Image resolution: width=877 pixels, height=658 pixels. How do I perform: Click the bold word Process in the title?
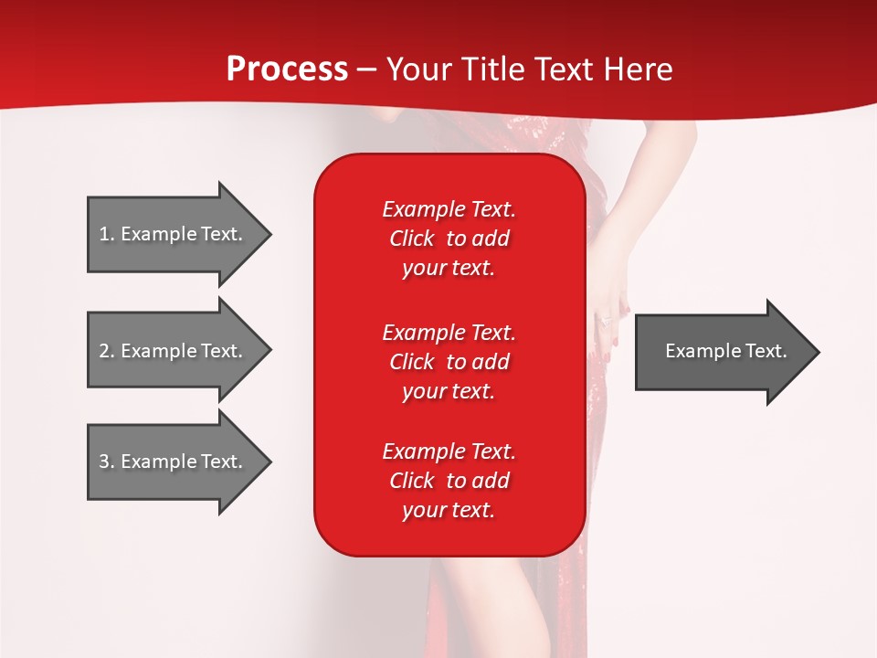pyautogui.click(x=287, y=69)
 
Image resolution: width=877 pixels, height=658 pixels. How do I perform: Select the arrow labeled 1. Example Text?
pyautogui.click(x=174, y=234)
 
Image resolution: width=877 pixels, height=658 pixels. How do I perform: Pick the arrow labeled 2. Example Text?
pyautogui.click(x=174, y=351)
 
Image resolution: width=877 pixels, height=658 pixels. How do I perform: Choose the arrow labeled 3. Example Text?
pyautogui.click(x=174, y=462)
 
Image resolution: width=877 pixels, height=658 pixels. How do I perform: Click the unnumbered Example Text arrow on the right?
pyautogui.click(x=725, y=351)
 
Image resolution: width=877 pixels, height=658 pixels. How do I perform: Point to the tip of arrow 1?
pyautogui.click(x=269, y=234)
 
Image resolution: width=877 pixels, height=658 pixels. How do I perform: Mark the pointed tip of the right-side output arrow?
pyautogui.click(x=818, y=352)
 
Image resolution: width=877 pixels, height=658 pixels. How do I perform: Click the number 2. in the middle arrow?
pyautogui.click(x=107, y=351)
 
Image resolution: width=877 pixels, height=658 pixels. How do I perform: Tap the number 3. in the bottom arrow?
pyautogui.click(x=107, y=462)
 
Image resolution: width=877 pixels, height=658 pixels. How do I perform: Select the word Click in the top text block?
pyautogui.click(x=412, y=239)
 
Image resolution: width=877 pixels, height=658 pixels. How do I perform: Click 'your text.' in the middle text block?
pyautogui.click(x=449, y=391)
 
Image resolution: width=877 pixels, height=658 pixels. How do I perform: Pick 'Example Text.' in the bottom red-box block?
pyautogui.click(x=449, y=451)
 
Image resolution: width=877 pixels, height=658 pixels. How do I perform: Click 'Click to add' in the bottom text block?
pyautogui.click(x=449, y=481)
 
